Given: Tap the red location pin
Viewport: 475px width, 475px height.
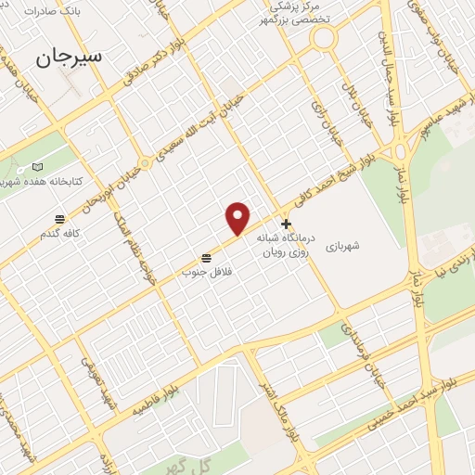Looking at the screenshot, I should (238, 217).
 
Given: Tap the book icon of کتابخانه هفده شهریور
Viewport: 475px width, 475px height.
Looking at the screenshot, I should (37, 167).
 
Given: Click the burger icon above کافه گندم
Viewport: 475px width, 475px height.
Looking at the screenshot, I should (60, 219).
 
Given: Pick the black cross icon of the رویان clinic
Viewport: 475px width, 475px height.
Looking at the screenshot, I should (287, 224).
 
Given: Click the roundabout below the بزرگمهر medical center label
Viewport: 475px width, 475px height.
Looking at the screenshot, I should (323, 39).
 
